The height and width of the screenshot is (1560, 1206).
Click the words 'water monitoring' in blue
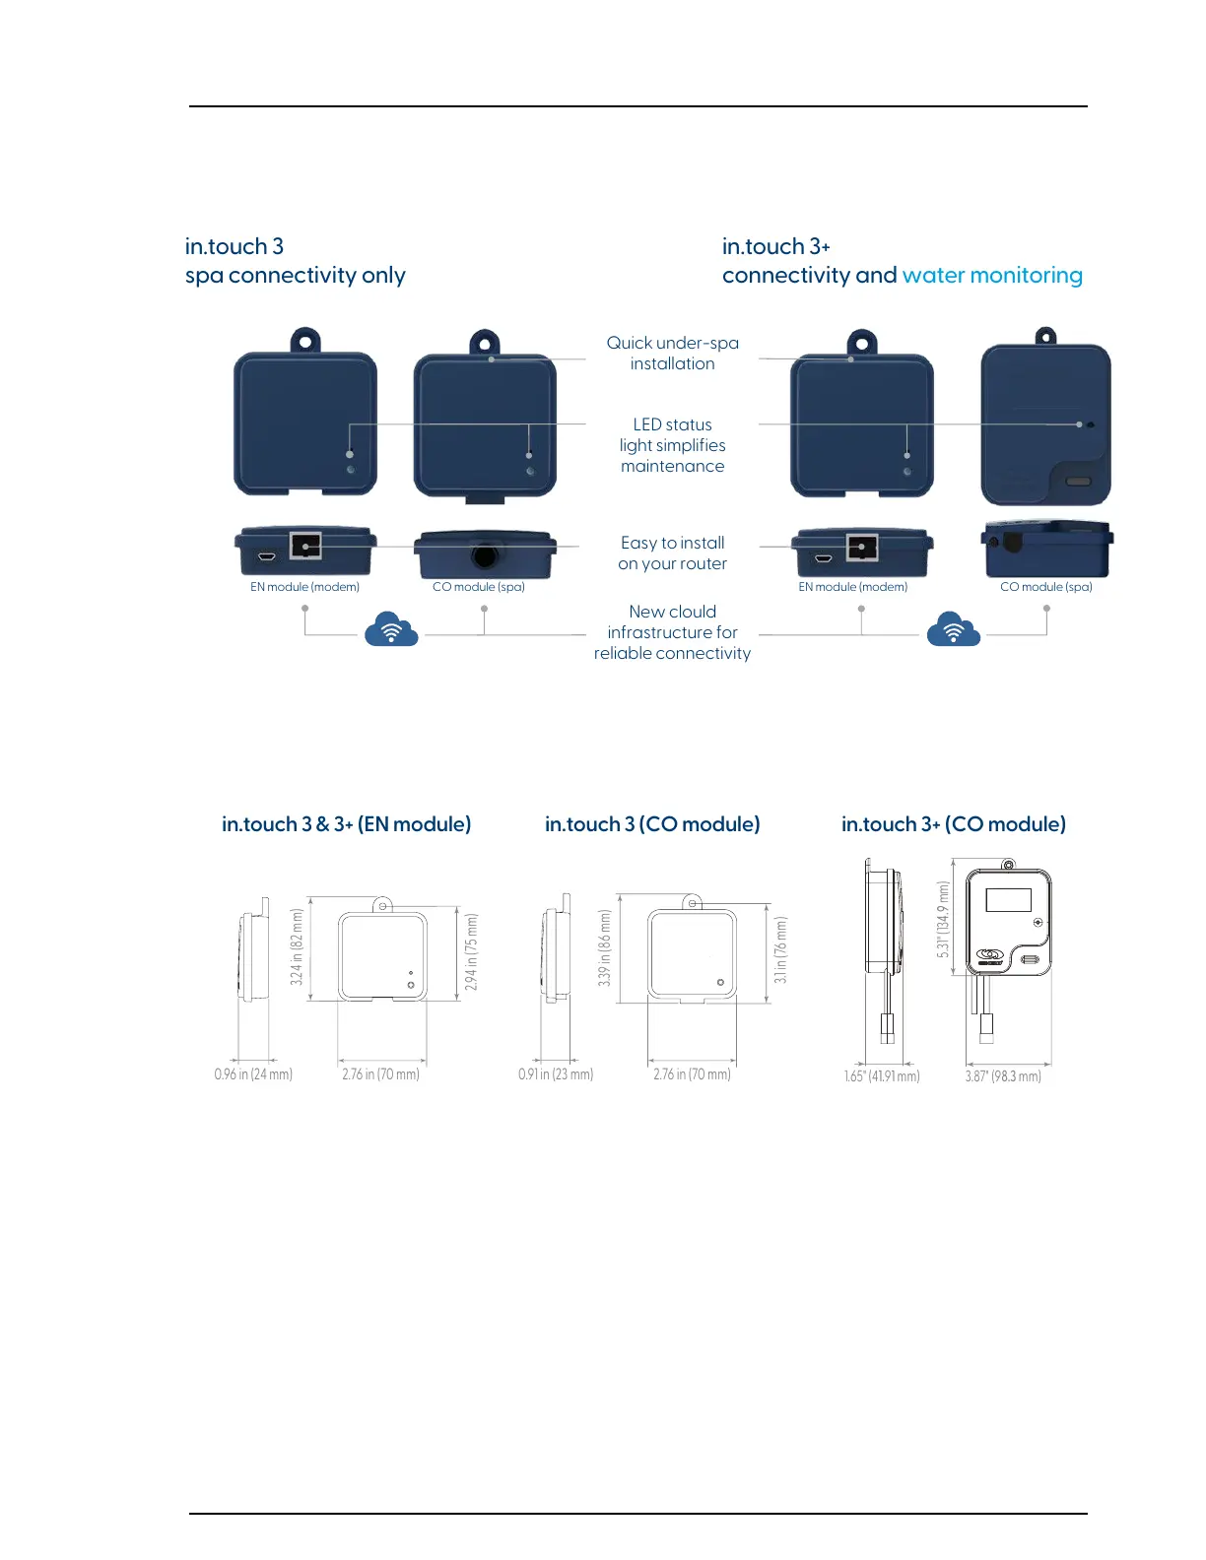991,276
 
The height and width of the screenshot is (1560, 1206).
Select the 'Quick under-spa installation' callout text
672,353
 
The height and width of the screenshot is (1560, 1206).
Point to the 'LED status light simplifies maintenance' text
672,445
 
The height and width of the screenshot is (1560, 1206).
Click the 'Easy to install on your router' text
672,552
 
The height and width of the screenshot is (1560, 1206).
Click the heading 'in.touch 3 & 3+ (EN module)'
346,824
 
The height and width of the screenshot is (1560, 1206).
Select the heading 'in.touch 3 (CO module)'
652,824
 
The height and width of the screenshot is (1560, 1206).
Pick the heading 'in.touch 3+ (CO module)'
953,824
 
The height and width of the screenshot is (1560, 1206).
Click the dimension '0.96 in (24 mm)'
253,1074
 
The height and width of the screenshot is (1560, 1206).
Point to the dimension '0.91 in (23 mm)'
556,1074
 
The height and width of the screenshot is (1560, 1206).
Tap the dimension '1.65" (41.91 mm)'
882,1076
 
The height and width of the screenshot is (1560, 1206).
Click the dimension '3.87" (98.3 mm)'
1003,1076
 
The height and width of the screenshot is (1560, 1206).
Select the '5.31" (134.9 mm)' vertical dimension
944,920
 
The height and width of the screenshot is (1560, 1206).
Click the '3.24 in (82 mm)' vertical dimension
297,946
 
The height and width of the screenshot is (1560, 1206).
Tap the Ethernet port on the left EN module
305,545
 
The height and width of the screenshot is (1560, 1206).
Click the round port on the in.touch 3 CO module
484,556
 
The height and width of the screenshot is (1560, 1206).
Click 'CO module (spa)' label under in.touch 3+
1045,587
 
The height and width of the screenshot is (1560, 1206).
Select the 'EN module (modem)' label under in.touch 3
304,587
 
